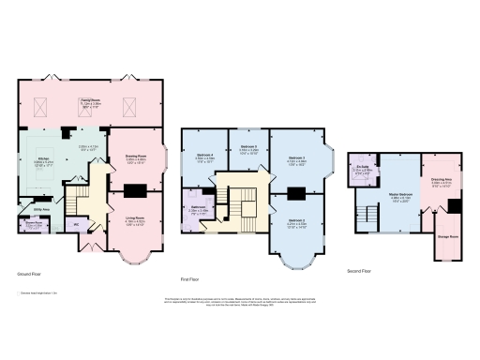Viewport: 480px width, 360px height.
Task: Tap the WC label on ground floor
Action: pyautogui.click(x=75, y=225)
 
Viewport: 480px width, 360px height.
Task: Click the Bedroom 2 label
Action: pyautogui.click(x=296, y=222)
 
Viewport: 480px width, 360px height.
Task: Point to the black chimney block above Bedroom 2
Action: pyautogui.click(x=296, y=195)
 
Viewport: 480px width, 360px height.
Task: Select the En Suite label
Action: pyautogui.click(x=363, y=170)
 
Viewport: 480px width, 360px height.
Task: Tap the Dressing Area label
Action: pyautogui.click(x=442, y=180)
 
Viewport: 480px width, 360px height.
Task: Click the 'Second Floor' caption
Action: pyautogui.click(x=359, y=270)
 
